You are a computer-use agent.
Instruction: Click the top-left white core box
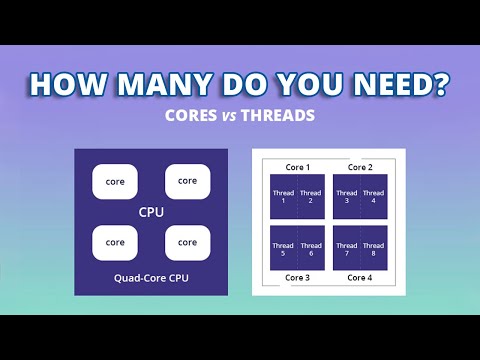(115, 181)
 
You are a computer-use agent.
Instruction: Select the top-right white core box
(187, 181)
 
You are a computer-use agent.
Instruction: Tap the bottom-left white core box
(115, 242)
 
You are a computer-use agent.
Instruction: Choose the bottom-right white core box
(187, 242)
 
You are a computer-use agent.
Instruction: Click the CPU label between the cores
(151, 212)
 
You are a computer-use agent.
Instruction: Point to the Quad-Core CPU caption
(151, 275)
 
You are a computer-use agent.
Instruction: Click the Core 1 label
(297, 167)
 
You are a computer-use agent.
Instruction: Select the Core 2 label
(359, 167)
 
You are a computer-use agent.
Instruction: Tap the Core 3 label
(297, 277)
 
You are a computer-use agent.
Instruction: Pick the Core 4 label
(359, 277)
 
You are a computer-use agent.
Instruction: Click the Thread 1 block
(283, 197)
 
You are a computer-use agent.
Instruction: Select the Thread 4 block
(373, 197)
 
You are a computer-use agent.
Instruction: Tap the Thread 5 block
(283, 248)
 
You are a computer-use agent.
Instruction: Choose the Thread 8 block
(373, 248)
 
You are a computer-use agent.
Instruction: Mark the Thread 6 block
(311, 248)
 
